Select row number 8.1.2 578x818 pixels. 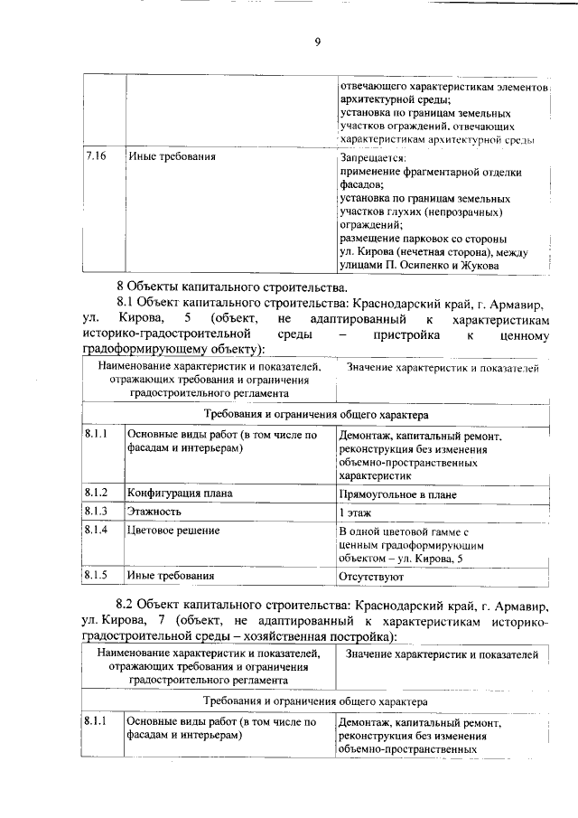[x=97, y=493]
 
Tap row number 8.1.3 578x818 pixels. [x=97, y=511]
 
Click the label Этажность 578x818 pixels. [x=154, y=511]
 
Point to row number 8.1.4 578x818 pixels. [x=97, y=530]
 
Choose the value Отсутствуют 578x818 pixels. [x=370, y=576]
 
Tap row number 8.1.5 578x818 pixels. [x=97, y=574]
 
